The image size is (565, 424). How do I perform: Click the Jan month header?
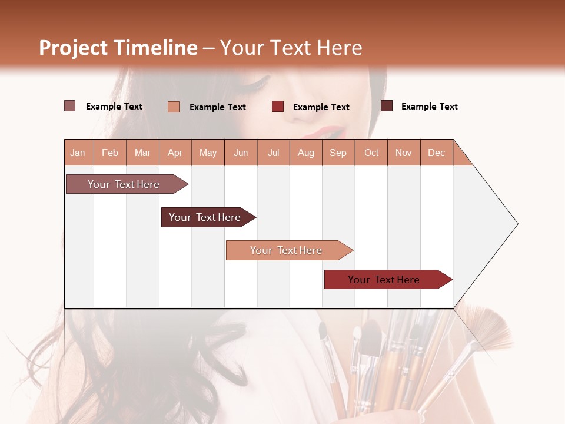(x=78, y=153)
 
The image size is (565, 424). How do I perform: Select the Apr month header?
(x=175, y=153)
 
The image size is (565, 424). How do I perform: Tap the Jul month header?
(x=273, y=153)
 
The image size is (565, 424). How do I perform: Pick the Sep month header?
(x=338, y=153)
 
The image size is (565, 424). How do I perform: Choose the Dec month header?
(x=436, y=153)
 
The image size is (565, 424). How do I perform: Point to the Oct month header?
(x=371, y=153)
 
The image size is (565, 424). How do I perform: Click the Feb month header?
(x=110, y=153)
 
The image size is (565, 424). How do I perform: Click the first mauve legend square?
(x=70, y=106)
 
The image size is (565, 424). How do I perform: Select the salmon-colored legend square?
(x=174, y=107)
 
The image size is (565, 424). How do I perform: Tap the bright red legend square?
(x=278, y=107)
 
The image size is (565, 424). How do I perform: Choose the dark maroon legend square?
(x=387, y=106)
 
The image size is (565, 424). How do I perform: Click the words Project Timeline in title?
(x=118, y=48)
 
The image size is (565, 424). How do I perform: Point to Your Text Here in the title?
(x=291, y=48)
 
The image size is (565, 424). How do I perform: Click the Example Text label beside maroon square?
(x=429, y=107)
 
